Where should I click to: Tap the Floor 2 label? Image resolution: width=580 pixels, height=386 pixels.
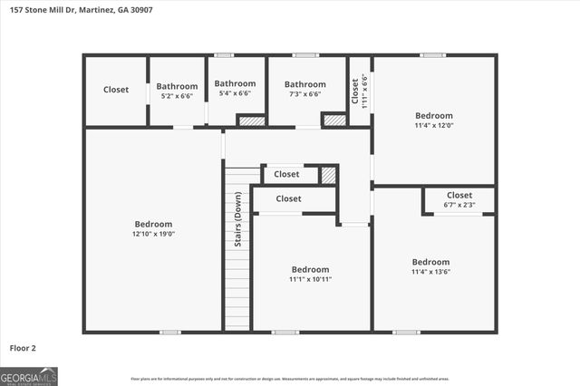pos(23,347)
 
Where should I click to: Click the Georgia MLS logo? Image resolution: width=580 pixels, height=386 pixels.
pos(29,376)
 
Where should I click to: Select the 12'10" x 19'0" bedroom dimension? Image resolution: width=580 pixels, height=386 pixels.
pos(153,234)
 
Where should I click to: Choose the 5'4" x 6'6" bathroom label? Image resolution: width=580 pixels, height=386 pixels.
pos(235,92)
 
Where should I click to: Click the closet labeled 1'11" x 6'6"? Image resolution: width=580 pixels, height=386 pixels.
pos(360,90)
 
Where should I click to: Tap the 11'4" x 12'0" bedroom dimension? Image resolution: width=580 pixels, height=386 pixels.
pos(433,126)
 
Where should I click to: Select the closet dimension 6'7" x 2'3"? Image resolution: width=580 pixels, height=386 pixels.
pos(459,205)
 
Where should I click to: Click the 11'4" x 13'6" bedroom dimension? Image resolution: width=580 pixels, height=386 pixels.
pos(430,272)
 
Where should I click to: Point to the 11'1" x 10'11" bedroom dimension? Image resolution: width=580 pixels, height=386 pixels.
pos(310,279)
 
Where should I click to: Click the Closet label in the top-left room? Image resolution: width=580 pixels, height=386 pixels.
pos(116,90)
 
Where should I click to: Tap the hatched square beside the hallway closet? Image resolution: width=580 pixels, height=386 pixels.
pos(328,175)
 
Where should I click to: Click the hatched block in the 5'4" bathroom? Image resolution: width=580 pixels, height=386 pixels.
pos(251,120)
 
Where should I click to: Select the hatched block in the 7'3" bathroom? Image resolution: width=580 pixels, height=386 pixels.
pos(334,120)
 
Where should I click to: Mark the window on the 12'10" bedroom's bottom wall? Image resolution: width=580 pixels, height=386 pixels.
pos(169,332)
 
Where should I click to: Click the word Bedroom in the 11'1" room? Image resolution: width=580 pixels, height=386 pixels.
pos(310,269)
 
